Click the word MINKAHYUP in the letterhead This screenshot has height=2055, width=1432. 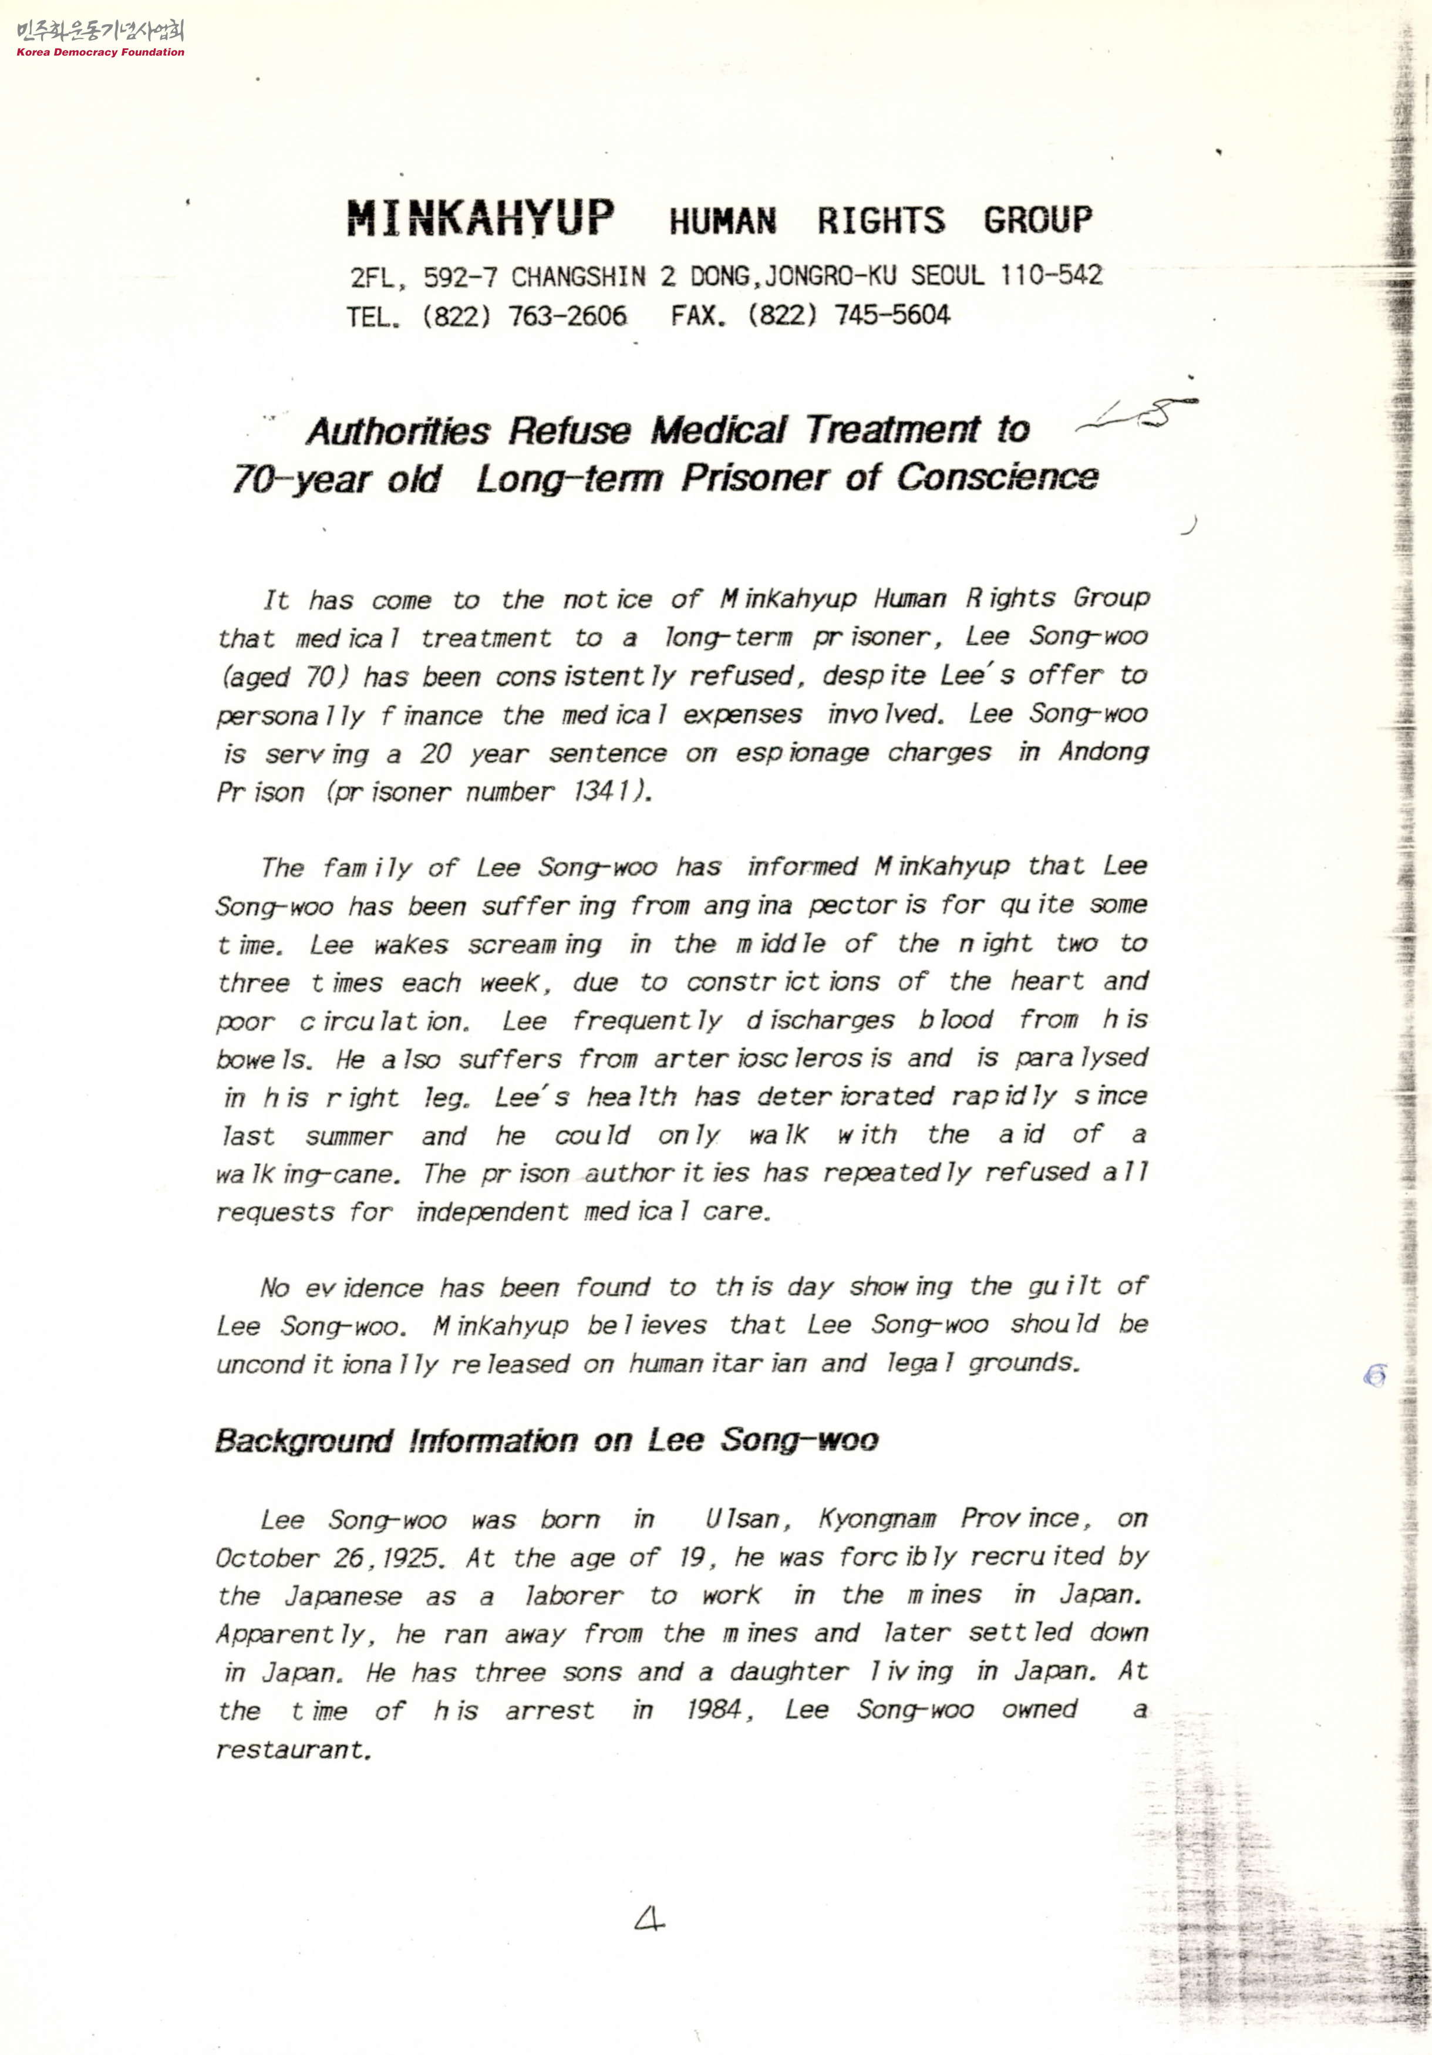click(481, 218)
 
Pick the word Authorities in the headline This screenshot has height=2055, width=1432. click(397, 432)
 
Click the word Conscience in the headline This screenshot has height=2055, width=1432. click(997, 477)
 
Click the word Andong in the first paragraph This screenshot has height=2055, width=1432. click(1103, 751)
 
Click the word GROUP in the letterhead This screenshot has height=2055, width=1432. click(1037, 220)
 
